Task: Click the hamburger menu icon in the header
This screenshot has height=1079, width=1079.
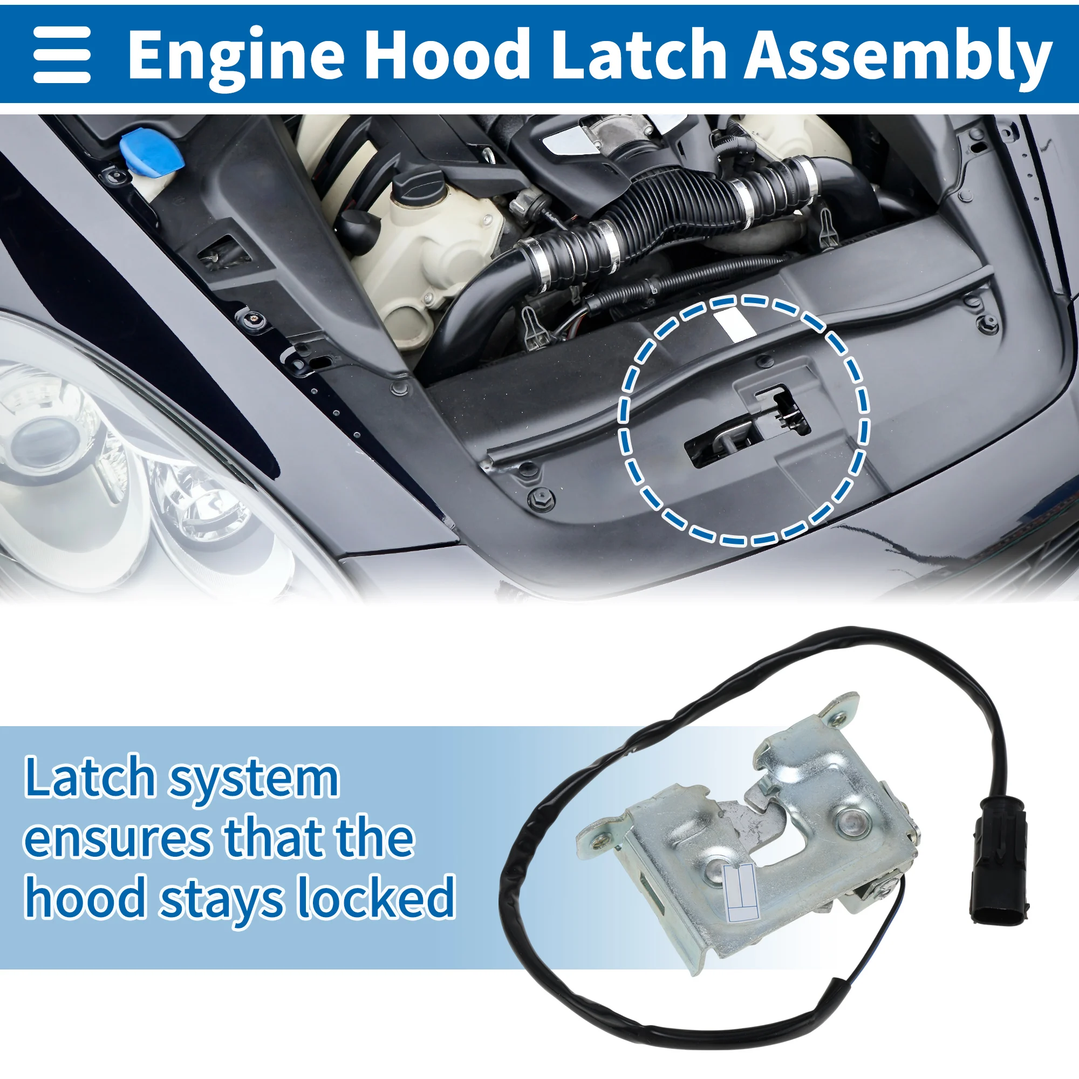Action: [x=62, y=54]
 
